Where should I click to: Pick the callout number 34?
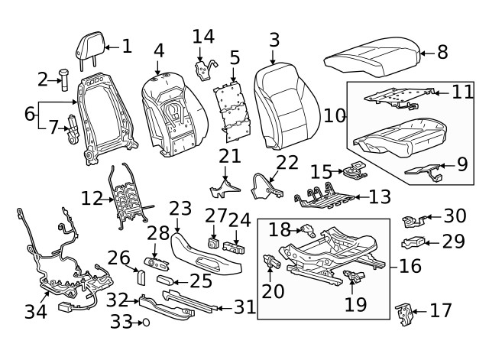[36, 311]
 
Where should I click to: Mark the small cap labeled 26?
[142, 275]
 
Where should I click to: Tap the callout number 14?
[203, 36]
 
